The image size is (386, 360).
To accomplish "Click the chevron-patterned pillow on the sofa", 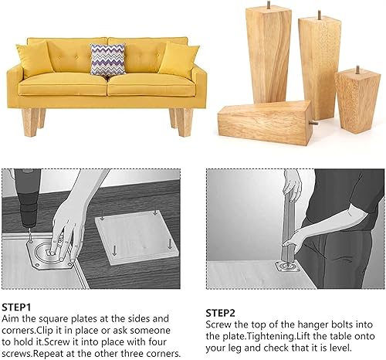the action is pos(107,59).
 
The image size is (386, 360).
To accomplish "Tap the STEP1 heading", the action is pos(16,307).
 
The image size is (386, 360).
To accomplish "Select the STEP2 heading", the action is pos(221,313).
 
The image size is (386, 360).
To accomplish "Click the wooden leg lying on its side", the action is pos(265,119).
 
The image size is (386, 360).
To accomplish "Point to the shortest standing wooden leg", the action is pos(357,100).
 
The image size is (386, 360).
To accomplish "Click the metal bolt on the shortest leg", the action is pos(357,70).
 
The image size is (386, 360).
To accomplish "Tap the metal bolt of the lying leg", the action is pos(314,123).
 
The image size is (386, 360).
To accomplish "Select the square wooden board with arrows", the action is pos(137,238).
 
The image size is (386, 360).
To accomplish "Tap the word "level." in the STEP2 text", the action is pos(340,348).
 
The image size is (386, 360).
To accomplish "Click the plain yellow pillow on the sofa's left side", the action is pos(35,59).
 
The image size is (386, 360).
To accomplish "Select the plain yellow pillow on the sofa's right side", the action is pos(179,60).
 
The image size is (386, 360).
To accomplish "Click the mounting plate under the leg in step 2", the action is pos(286,267).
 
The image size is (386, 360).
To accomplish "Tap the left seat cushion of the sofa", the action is pos(63,85).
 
